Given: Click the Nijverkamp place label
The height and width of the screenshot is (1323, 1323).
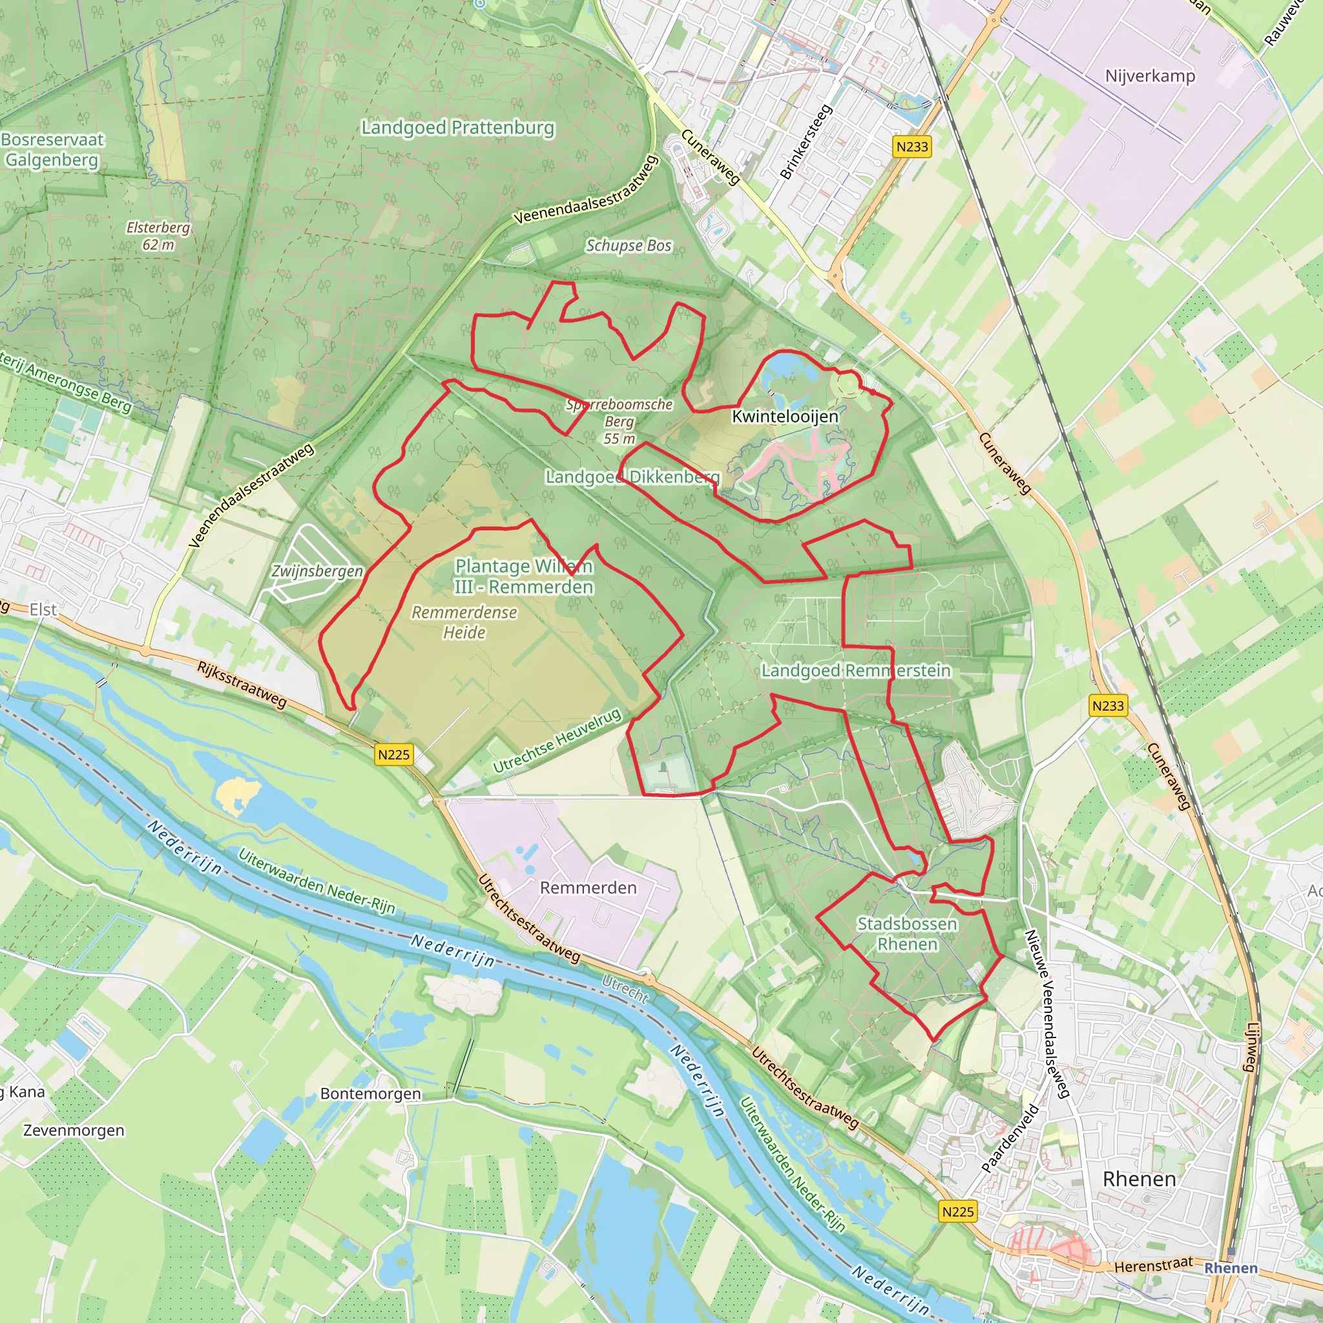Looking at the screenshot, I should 1150,76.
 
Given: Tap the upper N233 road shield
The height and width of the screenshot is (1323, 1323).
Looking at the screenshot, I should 912,147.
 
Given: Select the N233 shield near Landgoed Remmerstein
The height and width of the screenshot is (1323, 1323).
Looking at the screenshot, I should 1108,705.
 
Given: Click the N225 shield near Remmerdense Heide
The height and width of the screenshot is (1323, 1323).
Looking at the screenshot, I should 394,755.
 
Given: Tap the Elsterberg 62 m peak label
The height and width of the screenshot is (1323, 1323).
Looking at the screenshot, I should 158,236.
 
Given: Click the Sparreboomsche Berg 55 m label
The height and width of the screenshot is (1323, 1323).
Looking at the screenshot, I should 619,421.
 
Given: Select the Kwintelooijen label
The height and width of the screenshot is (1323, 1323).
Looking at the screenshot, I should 785,417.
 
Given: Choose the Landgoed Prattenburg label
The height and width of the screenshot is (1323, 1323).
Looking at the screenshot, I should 457,128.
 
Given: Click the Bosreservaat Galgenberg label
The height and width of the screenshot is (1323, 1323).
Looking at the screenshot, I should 52,149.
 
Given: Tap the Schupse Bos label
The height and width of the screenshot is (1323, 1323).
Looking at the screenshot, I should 628,245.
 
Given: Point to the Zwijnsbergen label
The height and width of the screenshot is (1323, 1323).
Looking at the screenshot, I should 317,571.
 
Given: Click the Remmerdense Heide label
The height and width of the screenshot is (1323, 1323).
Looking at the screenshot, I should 464,622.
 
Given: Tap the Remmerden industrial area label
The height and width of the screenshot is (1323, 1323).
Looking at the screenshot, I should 589,888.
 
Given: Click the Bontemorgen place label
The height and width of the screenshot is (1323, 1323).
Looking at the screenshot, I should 370,1094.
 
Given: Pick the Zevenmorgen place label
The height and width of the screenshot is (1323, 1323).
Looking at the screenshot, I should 74,1130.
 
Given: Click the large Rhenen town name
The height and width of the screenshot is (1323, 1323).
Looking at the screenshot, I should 1139,1179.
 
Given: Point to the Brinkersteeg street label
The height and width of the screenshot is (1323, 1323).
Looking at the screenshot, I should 806,141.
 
